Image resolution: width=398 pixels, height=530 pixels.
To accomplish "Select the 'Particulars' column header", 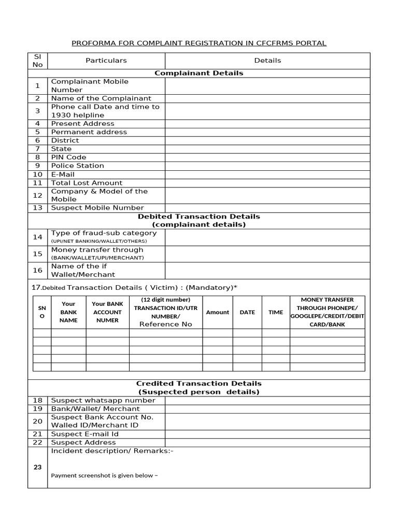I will [x=106, y=61].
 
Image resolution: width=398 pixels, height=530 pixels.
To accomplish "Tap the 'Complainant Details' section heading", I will [x=199, y=73].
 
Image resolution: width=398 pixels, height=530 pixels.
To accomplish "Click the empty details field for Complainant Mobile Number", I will [x=267, y=86].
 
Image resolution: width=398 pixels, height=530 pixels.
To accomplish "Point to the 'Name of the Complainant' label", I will [x=101, y=98].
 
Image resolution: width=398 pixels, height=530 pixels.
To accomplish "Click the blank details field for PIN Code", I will [x=267, y=157].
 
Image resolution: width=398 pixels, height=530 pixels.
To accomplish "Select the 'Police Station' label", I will [x=77, y=166].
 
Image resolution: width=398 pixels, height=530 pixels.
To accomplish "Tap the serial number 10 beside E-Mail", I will [x=37, y=174].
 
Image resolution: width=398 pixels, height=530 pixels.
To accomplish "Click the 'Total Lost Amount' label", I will [x=87, y=183].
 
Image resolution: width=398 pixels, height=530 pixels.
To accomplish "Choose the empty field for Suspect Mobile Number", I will [x=267, y=208].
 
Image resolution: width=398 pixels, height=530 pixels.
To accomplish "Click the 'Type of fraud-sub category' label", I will [x=96, y=233].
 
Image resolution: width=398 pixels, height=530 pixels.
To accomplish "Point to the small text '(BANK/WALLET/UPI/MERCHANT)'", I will [x=97, y=258].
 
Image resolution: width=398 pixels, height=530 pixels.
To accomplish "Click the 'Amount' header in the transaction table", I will [x=217, y=312].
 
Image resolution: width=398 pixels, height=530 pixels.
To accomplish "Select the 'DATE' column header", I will [x=247, y=312].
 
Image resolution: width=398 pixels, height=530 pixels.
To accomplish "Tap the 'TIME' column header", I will [x=276, y=312].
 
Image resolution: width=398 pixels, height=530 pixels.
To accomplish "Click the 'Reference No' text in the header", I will [x=165, y=324].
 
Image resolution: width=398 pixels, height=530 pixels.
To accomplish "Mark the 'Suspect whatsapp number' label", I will [x=96, y=401].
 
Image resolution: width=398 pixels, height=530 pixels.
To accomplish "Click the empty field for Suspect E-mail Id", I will [x=267, y=434].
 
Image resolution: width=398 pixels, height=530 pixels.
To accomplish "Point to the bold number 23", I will [x=37, y=467].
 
